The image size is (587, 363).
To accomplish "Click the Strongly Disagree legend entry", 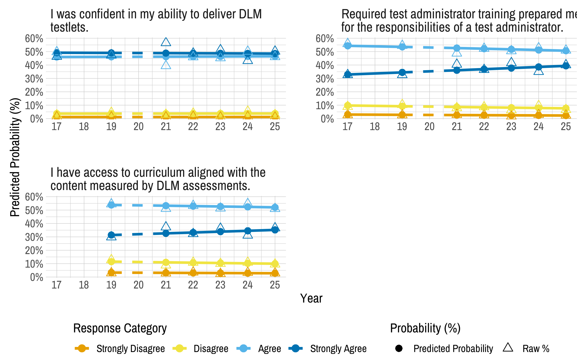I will pos(130,348).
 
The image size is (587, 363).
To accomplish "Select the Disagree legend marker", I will pos(180,348).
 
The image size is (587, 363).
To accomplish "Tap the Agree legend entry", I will pos(269,348).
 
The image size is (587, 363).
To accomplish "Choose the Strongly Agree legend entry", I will pos(338,348).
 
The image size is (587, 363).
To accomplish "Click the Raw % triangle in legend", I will pos(508,347).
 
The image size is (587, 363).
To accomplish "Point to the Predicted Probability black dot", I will pos(399,348).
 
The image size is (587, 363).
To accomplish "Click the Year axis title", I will pos(311,298).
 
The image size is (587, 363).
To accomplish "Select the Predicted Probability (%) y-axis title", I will pos(15,157).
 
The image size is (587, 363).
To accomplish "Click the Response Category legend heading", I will pos(120,328).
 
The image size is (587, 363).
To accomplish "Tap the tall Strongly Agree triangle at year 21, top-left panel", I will pos(166,42).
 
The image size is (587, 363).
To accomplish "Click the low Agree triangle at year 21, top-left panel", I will pos(166,65).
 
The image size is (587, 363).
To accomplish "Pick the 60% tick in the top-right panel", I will pos(325,39).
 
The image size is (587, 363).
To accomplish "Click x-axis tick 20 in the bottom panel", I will pos(138,285).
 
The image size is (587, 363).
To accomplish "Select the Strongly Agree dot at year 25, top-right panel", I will pos(566,66).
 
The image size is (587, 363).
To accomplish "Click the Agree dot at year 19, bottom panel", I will pos(111,205).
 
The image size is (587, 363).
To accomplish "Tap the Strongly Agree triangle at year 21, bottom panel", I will pos(166,226).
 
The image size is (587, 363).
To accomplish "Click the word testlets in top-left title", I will pos(69,28).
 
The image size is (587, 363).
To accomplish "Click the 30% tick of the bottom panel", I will pos(34,237).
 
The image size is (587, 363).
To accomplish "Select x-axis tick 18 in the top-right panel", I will pos(375,127).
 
